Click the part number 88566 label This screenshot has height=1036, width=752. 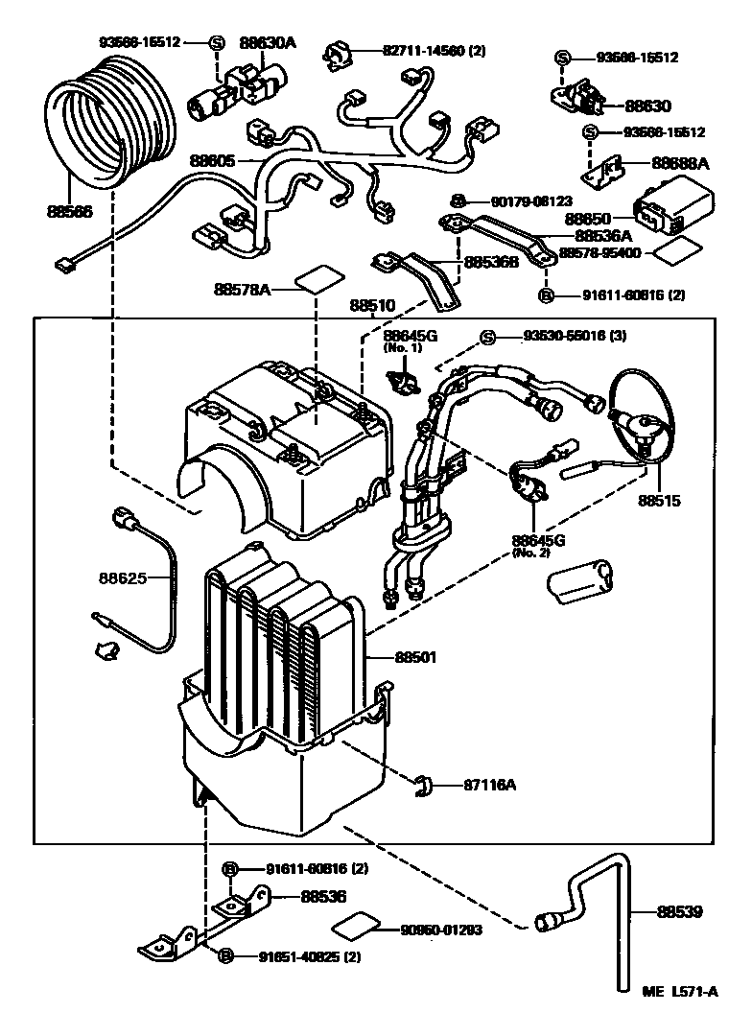[69, 212]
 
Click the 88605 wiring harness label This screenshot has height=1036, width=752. [212, 160]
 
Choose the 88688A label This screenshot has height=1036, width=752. [680, 164]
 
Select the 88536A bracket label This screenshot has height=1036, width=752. [603, 234]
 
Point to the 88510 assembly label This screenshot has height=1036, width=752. [372, 307]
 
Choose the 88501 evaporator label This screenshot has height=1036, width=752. [415, 657]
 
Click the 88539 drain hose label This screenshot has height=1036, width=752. [681, 912]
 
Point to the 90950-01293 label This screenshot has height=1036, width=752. [442, 930]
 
